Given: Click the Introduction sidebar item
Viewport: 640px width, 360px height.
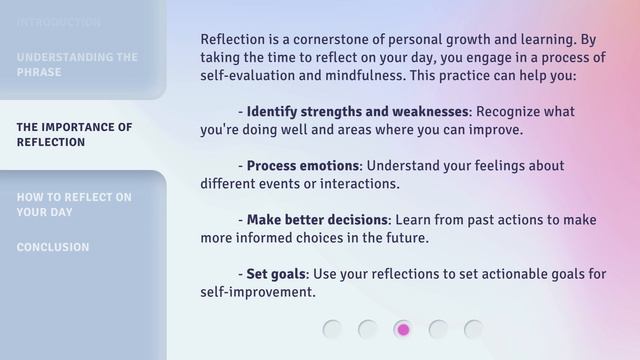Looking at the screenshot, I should coord(58,22).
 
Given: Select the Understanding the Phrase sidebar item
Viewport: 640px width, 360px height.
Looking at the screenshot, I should coord(77,65).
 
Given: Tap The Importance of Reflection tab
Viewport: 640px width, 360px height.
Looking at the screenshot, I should coord(74,135).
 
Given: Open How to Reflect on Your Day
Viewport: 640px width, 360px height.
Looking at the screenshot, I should coord(74,205).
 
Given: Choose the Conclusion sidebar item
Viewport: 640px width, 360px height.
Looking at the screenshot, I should coord(53,247).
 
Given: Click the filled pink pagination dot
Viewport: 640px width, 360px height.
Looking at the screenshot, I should coord(403,329).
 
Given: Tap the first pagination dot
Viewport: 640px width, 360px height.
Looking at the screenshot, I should coord(333,329).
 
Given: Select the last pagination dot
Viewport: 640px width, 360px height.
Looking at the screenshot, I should coord(473,329).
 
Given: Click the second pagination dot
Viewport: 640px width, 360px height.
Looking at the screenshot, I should coord(368,329).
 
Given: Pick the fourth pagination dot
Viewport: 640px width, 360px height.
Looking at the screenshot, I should coord(438,329).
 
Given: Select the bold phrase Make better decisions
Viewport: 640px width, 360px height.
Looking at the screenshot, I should coord(317,220).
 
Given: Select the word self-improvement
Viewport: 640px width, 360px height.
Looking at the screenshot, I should coord(257,293).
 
